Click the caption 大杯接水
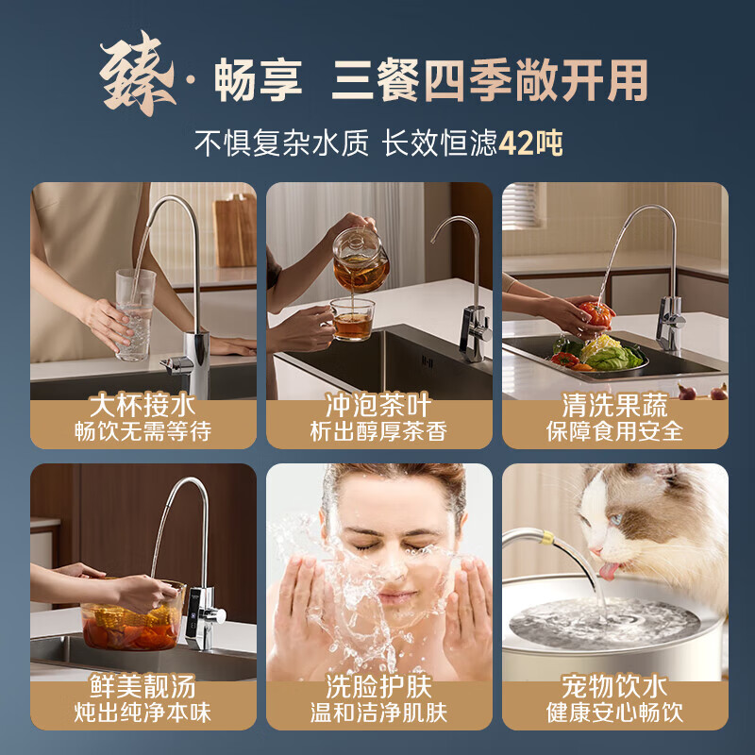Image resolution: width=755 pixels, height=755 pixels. (x=143, y=406)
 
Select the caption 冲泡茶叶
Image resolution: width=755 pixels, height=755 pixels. (x=378, y=406)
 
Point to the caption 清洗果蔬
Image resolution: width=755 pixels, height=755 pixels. (x=614, y=406)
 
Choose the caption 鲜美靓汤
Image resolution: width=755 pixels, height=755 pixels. (x=143, y=686)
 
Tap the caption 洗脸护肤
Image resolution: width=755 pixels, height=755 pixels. (x=378, y=686)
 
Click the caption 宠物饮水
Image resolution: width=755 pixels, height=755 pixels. (x=614, y=686)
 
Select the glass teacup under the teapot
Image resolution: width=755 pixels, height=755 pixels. (x=353, y=320)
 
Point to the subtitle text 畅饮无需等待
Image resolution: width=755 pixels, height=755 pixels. (x=143, y=431)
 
